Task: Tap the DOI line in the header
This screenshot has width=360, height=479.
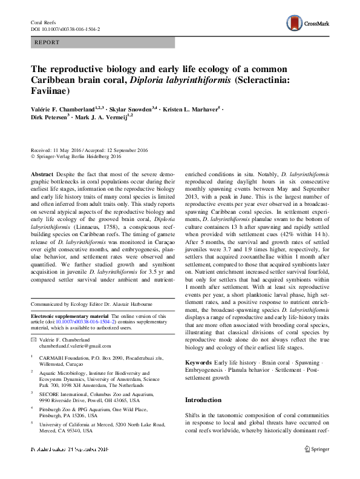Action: coord(65,28)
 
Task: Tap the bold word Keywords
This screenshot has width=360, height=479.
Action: coord(200,363)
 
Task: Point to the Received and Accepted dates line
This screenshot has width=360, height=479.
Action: coord(90,149)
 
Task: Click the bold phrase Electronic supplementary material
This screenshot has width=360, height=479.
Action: coord(70,316)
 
